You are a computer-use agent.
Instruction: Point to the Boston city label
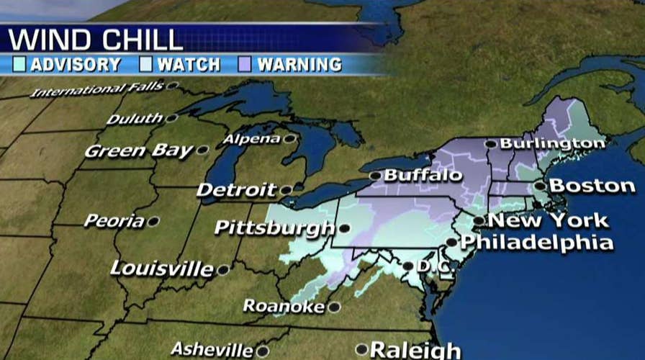tap(592, 186)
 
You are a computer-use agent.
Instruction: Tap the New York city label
tap(549, 220)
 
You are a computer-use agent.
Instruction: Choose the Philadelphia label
tap(537, 243)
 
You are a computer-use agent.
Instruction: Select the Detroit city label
tap(237, 191)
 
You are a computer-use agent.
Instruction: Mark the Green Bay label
tap(139, 151)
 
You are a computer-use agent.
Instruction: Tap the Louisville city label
tap(162, 269)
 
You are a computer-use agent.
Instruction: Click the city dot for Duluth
tap(171, 118)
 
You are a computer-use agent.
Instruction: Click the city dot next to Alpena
tap(289, 138)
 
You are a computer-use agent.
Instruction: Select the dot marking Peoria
tap(153, 222)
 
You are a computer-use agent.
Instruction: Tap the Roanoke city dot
tap(333, 307)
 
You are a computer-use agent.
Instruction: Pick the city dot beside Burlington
tap(490, 144)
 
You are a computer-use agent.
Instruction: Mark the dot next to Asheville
tap(263, 351)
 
